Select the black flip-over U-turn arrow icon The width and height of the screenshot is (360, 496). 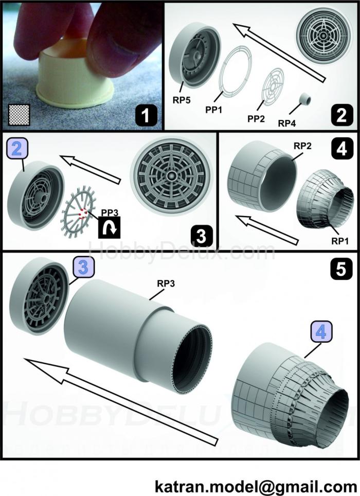(109, 226)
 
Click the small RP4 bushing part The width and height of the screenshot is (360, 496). (307, 98)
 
